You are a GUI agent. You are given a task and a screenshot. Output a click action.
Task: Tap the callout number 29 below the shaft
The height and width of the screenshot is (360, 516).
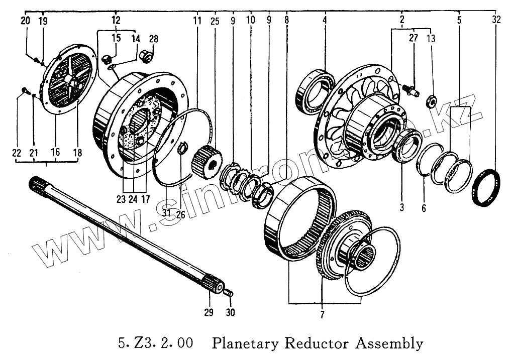pos(209,312)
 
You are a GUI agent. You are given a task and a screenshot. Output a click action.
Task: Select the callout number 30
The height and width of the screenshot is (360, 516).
pos(231,312)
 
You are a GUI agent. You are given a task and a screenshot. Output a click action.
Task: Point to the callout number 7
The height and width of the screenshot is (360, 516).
pos(322,315)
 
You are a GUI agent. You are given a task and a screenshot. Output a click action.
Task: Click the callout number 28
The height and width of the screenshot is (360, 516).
pos(153,38)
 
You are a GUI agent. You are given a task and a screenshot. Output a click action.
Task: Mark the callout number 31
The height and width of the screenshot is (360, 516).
pos(167,212)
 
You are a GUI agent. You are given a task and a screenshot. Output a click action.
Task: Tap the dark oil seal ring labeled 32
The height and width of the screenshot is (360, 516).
pos(487,187)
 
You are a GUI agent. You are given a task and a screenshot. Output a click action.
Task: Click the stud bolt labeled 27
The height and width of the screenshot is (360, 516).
pos(410,90)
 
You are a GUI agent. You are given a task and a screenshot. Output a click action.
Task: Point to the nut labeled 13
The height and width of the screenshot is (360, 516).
pos(431,99)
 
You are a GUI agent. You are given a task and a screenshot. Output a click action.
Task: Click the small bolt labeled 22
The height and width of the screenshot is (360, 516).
pos(25,91)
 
